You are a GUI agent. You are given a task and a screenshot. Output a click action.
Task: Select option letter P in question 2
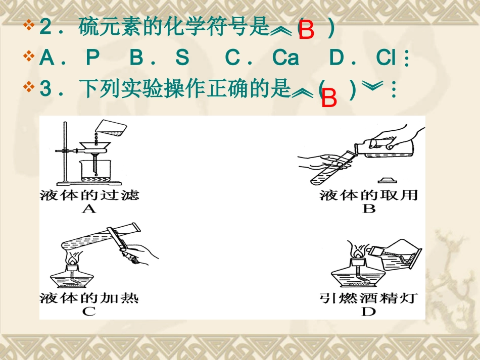[x=92, y=59]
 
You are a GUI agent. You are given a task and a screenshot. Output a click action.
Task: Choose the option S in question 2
[x=182, y=59]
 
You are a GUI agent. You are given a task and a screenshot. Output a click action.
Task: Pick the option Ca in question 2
[x=285, y=59]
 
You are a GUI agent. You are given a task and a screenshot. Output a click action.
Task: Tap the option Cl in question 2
[x=386, y=59]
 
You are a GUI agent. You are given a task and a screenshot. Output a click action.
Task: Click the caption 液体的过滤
[x=89, y=195]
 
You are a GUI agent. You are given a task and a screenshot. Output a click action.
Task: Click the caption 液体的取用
[x=369, y=195]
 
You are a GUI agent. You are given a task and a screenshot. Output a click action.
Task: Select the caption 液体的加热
[x=89, y=298]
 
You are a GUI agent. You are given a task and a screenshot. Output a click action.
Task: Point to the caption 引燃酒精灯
[x=369, y=298]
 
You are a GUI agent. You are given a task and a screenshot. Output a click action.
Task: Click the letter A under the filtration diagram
[x=89, y=209]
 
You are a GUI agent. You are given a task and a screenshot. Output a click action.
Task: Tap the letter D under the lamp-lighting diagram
[x=369, y=312]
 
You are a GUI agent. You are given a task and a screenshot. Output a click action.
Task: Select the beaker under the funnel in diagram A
[x=94, y=172]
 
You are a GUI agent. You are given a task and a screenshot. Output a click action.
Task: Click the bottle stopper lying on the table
[x=386, y=179]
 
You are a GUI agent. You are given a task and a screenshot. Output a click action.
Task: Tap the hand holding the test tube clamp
[x=144, y=252]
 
